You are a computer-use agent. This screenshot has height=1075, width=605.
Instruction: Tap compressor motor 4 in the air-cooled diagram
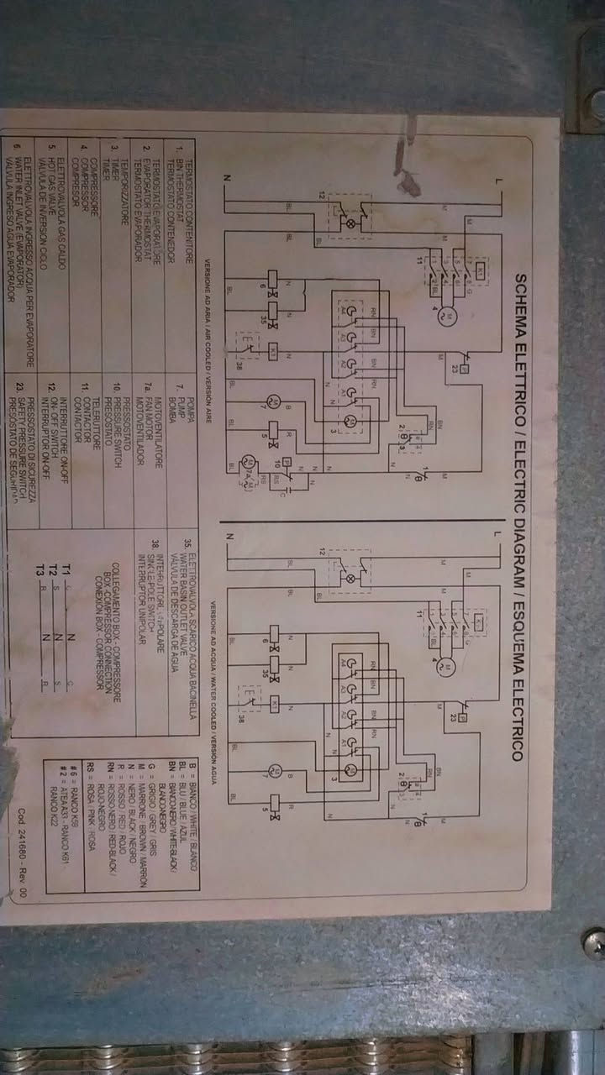click(448, 315)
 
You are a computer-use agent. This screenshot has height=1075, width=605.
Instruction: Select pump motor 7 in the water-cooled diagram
click(274, 770)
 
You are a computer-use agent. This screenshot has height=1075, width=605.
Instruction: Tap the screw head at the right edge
click(595, 943)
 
